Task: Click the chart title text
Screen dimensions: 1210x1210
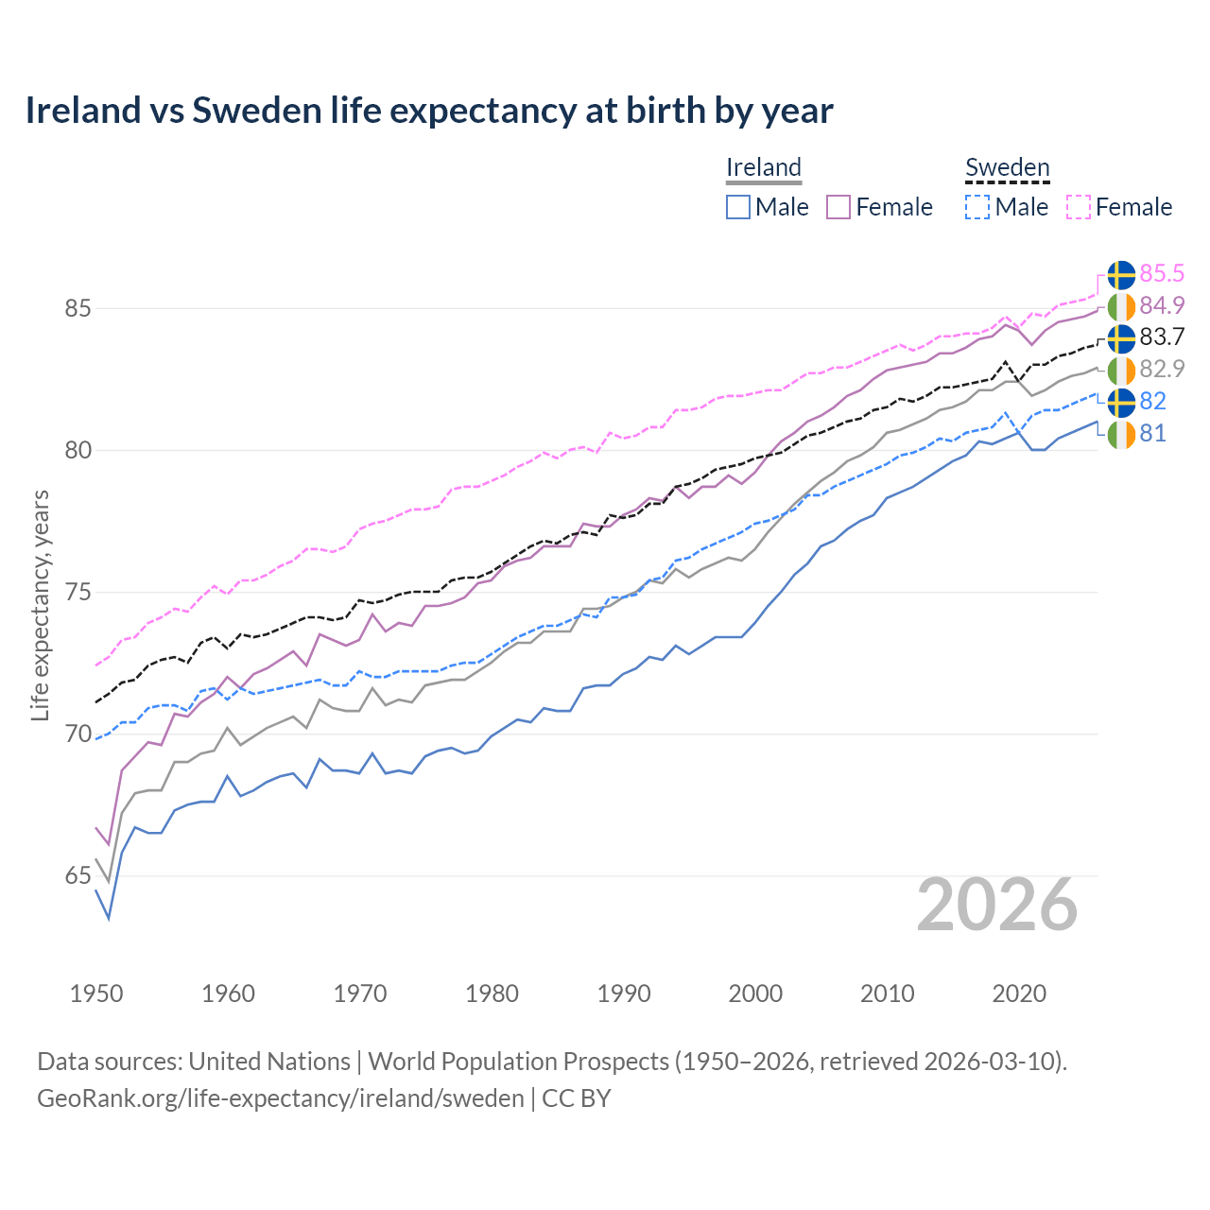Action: click(429, 111)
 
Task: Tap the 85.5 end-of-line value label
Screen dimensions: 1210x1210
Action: click(1162, 273)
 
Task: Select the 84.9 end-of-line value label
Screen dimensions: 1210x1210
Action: click(1162, 305)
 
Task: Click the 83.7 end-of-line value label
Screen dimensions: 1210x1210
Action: click(1162, 337)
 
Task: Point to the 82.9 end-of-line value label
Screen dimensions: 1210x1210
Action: click(1162, 369)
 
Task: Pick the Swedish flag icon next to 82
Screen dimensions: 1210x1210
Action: click(1121, 402)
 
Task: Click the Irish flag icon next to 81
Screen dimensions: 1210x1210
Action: click(1121, 435)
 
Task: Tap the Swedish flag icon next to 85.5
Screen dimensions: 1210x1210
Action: click(1121, 274)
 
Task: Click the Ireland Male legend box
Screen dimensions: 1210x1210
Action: click(738, 207)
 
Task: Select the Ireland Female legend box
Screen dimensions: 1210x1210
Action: click(838, 207)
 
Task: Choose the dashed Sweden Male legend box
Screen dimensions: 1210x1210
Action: click(977, 207)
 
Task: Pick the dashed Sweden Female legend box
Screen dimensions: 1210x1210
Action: click(1079, 207)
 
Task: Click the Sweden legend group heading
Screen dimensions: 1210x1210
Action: click(1007, 168)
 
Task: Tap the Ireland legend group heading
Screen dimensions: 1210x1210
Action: click(764, 167)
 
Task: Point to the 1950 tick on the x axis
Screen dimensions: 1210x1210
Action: click(96, 994)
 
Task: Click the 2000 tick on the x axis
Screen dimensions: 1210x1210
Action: click(755, 994)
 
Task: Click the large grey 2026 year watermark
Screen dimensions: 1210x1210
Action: click(997, 905)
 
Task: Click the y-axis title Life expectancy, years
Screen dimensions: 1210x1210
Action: click(41, 605)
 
